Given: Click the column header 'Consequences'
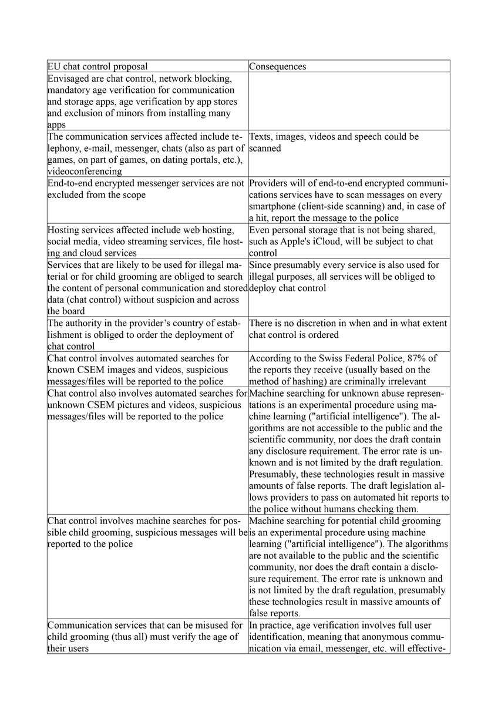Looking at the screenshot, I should click(277, 66).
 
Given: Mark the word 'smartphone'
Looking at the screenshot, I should click(274, 206).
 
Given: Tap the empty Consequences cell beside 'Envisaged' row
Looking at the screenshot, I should click(349, 100).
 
